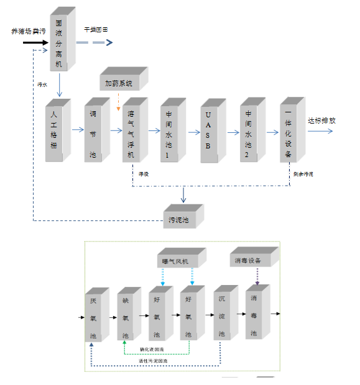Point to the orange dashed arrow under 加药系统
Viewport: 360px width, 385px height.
119,102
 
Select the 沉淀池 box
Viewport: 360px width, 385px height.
222,316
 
